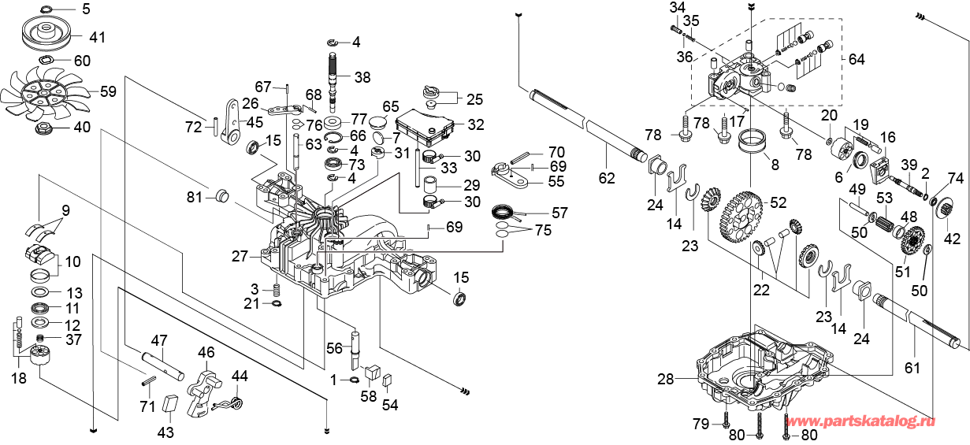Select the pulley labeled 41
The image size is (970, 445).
click(x=48, y=35)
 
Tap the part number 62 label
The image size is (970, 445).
click(x=606, y=179)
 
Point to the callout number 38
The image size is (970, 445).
click(x=362, y=77)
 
